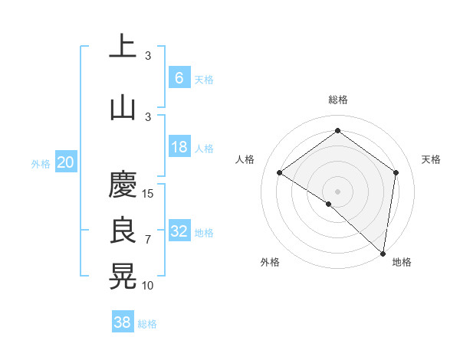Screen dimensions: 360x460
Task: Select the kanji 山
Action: coord(123,106)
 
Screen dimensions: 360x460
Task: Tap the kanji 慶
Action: coord(123,185)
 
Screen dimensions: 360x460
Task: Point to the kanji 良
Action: coord(123,231)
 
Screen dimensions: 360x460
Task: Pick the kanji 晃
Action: coord(123,276)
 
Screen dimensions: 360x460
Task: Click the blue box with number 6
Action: coord(179,77)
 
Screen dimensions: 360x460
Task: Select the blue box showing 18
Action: coord(179,147)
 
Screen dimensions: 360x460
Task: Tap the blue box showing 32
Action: coord(179,231)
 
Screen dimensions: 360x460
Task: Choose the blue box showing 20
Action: coord(65,162)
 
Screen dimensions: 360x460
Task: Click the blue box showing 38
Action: coord(123,322)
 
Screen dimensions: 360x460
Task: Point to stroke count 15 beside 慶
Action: coord(149,194)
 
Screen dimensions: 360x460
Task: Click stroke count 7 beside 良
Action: coord(148,240)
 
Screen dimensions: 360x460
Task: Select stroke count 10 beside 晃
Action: coord(149,286)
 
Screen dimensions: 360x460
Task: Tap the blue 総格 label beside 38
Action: coord(147,324)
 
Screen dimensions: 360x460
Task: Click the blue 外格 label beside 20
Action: coord(41,163)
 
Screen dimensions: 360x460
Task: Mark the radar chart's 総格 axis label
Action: coord(338,100)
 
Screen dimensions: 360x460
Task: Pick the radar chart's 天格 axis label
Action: coord(431,159)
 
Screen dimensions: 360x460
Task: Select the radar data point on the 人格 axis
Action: coord(280,172)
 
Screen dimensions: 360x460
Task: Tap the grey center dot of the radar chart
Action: coord(337,191)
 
